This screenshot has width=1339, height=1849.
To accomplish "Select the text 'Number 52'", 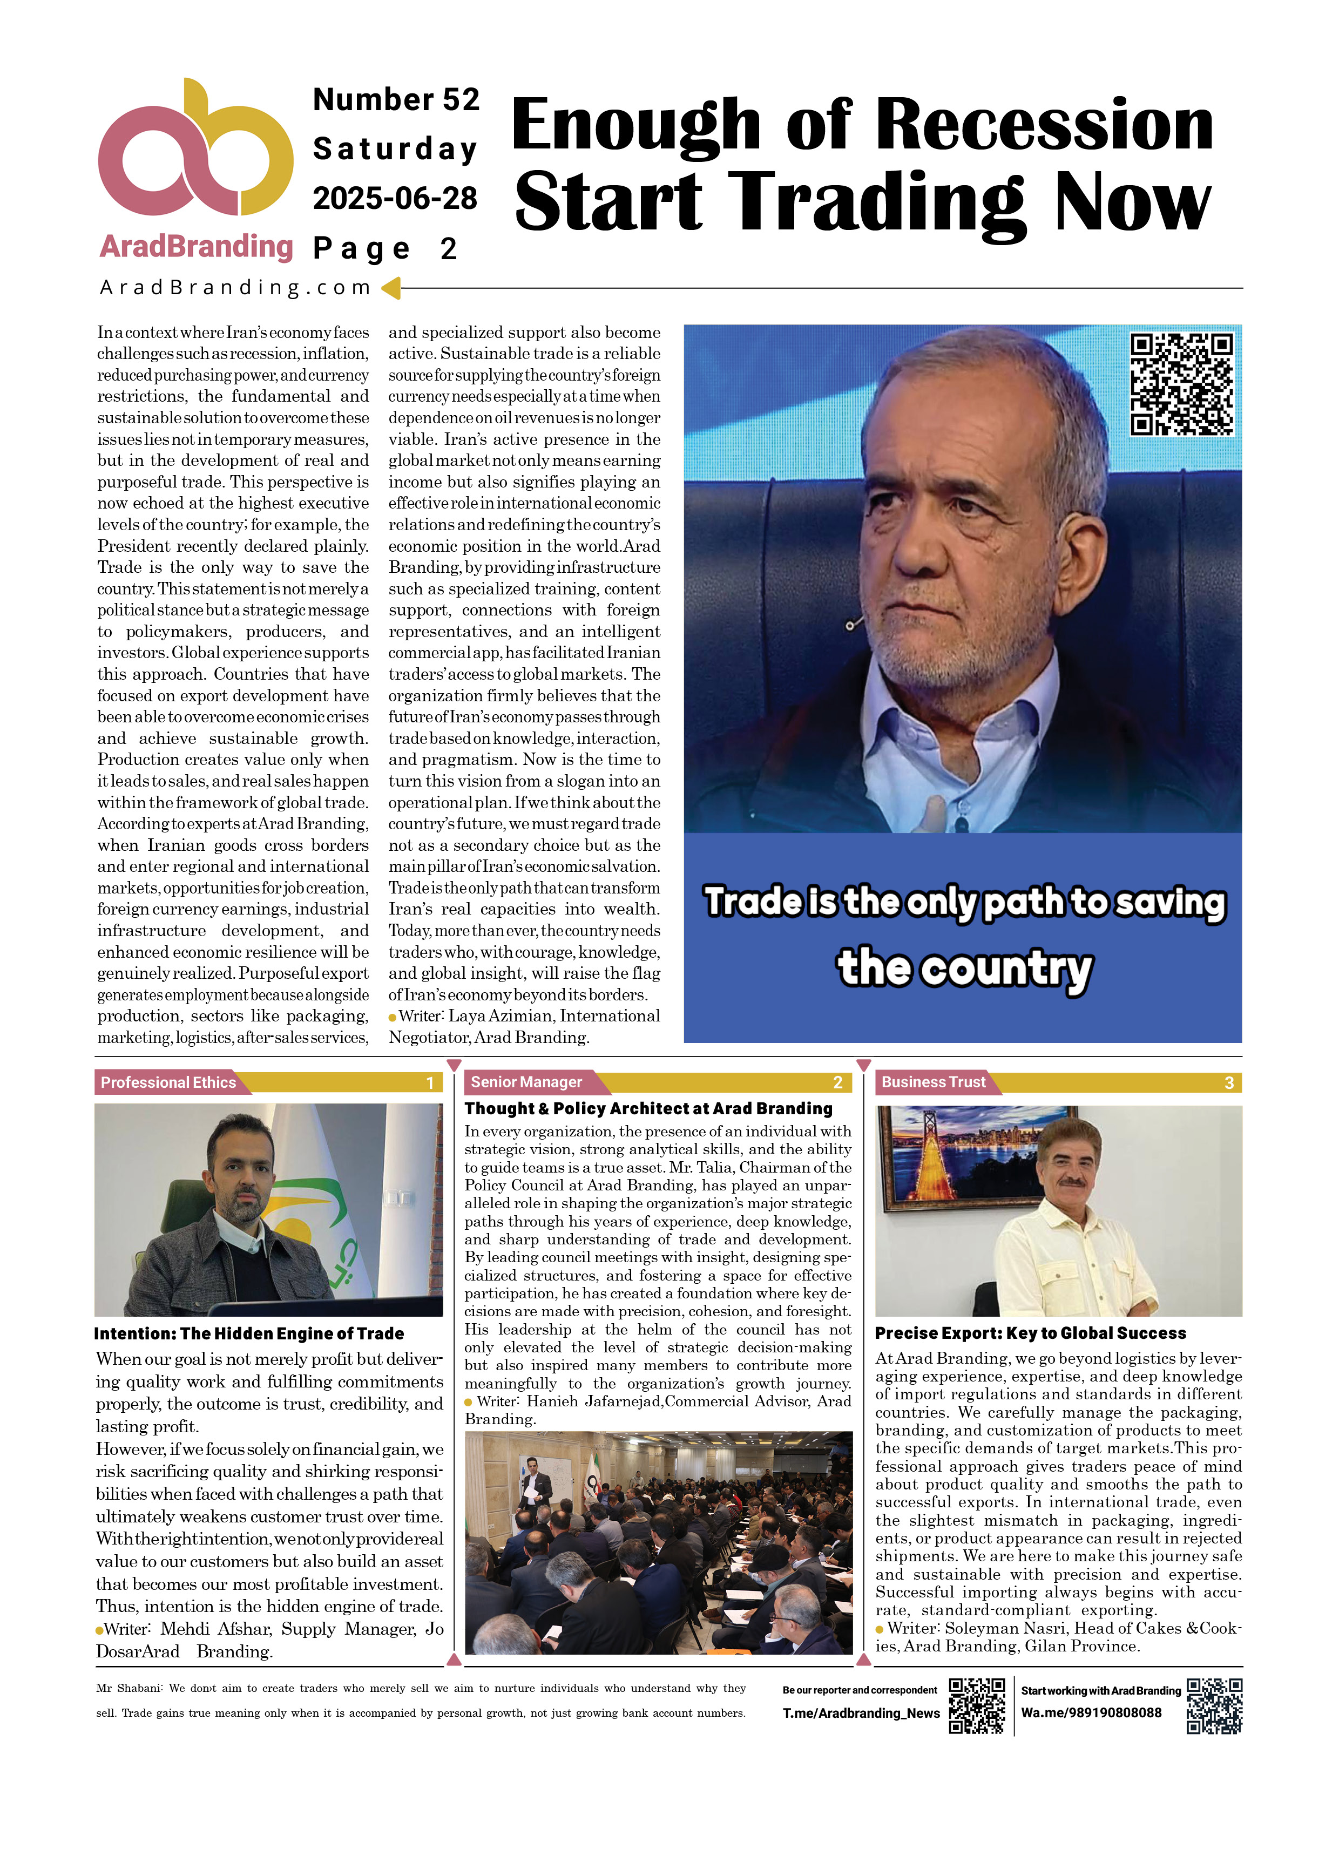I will (396, 99).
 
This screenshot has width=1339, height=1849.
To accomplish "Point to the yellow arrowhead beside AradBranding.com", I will (391, 288).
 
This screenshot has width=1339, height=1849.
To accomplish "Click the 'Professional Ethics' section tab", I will (168, 1082).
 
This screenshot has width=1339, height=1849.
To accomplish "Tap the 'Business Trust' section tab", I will (933, 1082).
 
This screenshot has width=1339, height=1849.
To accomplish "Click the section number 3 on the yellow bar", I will (1228, 1082).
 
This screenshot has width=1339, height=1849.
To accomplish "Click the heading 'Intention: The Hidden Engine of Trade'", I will (249, 1333).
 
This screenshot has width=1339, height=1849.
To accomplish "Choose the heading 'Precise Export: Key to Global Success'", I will (1030, 1333).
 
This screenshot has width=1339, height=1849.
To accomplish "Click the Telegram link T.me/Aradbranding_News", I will (860, 1713).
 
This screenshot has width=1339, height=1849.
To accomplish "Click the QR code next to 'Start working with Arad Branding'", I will (1213, 1705).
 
